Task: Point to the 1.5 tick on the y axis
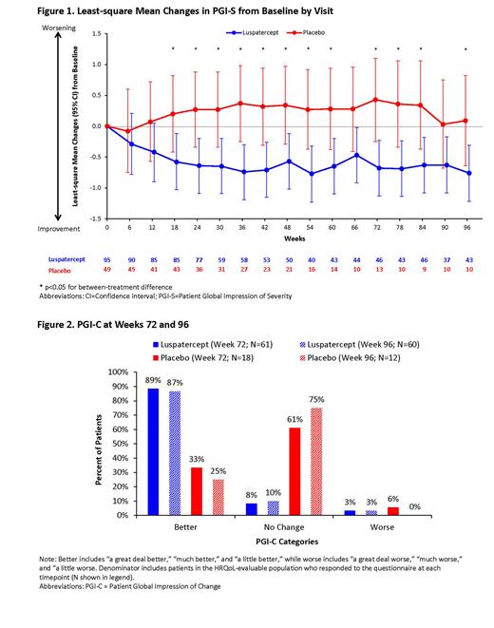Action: (95, 33)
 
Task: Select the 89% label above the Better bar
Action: (153, 380)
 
